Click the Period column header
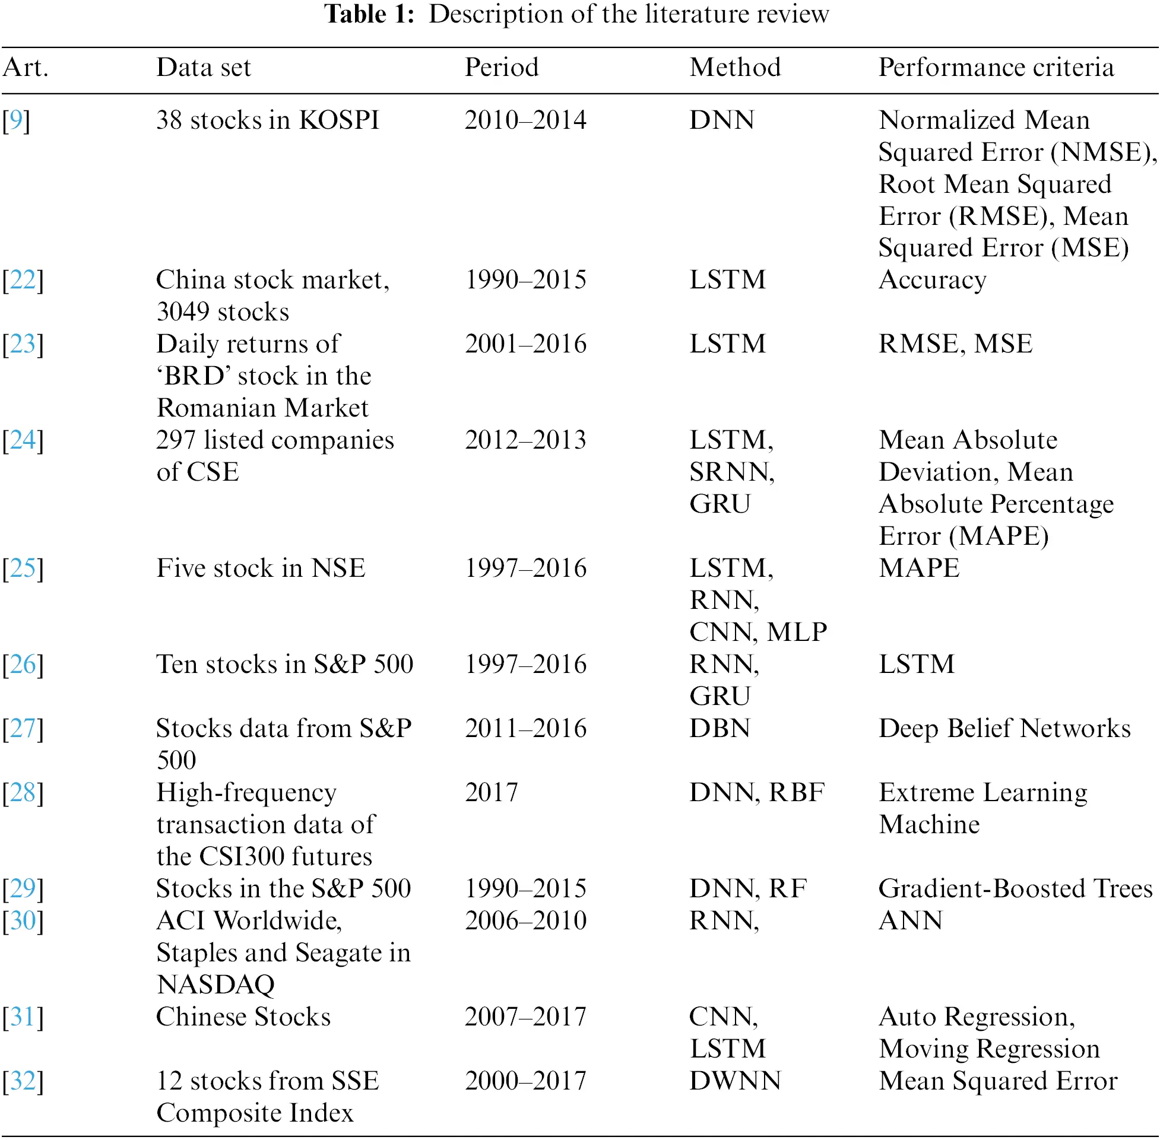coord(501,67)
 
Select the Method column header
coord(735,67)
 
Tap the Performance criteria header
coord(996,67)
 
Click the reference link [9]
coord(16,120)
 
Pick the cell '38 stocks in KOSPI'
coord(267,120)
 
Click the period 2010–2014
coord(525,120)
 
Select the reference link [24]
coord(23,440)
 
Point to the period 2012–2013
coord(525,440)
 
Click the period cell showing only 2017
coord(491,793)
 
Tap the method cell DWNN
coord(735,1081)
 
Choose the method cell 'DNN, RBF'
coord(756,793)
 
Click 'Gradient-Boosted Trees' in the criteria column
coord(1015,888)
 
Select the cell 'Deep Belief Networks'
coord(1004,729)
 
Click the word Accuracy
coord(932,280)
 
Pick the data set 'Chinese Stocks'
coord(243,1017)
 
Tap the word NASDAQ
coord(215,985)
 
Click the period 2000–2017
coord(525,1081)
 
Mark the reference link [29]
coord(23,888)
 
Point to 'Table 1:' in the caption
coord(369,14)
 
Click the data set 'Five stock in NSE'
coord(261,568)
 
